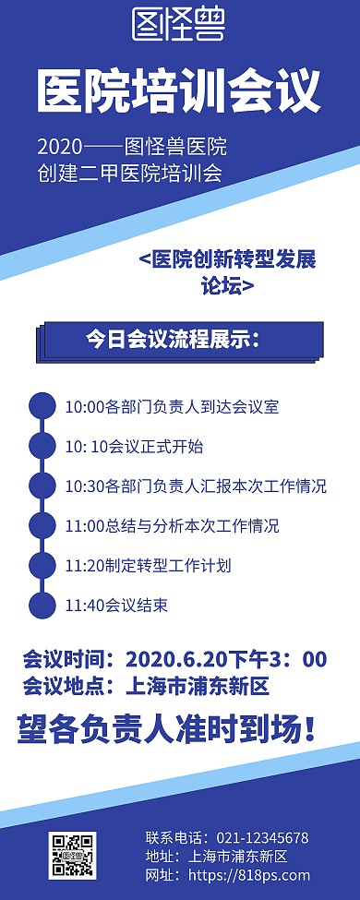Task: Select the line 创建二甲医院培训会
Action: (x=130, y=174)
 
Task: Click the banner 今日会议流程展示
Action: (x=180, y=339)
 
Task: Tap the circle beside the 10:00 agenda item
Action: (x=42, y=406)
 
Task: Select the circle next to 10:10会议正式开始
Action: (x=42, y=446)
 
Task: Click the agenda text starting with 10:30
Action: (x=196, y=486)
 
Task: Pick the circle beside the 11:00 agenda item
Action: (x=42, y=525)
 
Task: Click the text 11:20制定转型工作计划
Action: (x=148, y=565)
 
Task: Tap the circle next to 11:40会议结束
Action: (x=42, y=605)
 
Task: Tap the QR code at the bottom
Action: (x=71, y=854)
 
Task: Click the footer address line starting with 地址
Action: (x=217, y=856)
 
